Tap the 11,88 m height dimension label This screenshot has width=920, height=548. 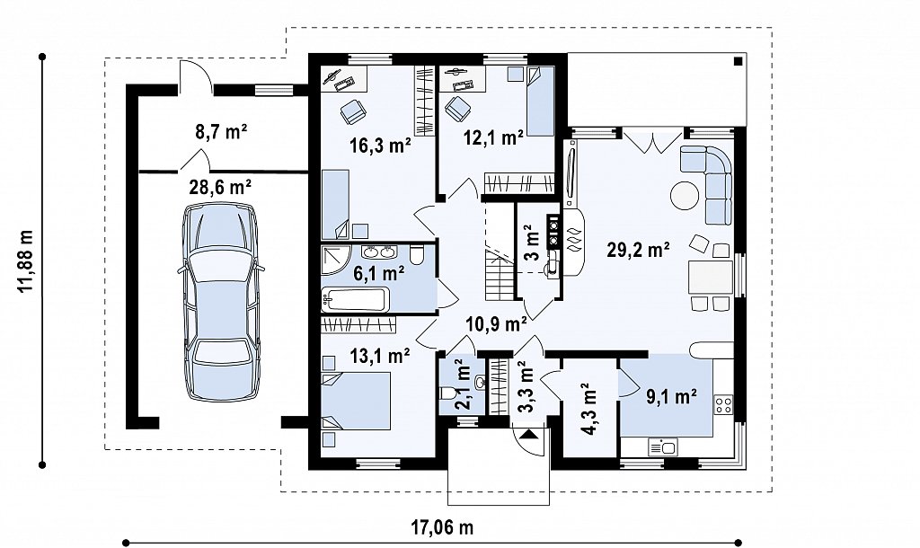tap(26, 261)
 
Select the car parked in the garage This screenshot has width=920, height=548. tap(221, 302)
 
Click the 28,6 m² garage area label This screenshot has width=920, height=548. tap(220, 187)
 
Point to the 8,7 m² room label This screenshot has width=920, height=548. tap(220, 132)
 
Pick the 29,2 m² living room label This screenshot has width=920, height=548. tap(639, 250)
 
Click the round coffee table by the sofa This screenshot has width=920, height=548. tap(685, 195)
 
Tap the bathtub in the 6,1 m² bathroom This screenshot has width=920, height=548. tap(355, 300)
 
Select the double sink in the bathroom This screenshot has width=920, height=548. tap(379, 252)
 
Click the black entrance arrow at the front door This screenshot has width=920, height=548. tap(528, 435)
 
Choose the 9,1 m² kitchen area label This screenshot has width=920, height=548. tap(671, 396)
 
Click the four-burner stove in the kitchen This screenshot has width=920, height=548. tap(723, 403)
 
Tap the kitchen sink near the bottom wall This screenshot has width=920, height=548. tap(662, 447)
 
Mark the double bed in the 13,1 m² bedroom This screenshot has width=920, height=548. tap(356, 401)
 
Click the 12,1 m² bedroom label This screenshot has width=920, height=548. tap(493, 138)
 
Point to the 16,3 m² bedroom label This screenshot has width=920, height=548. tap(380, 145)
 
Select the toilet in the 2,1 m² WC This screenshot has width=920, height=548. tap(446, 393)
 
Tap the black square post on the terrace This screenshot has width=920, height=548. tap(739, 60)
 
